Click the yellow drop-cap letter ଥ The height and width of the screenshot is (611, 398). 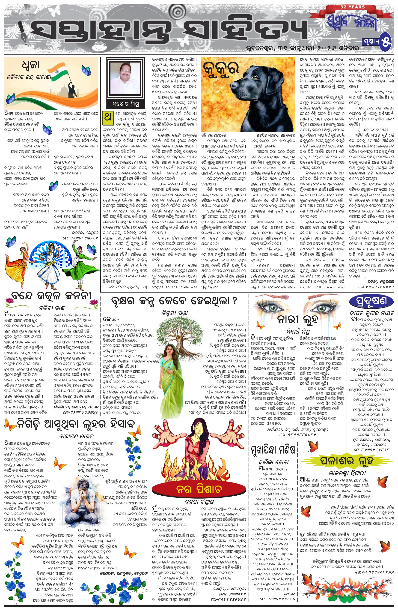[108, 117]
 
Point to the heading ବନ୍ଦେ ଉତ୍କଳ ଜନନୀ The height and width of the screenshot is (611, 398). [51, 297]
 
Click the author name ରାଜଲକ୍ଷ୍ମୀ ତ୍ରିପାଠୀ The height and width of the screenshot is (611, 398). [347, 473]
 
